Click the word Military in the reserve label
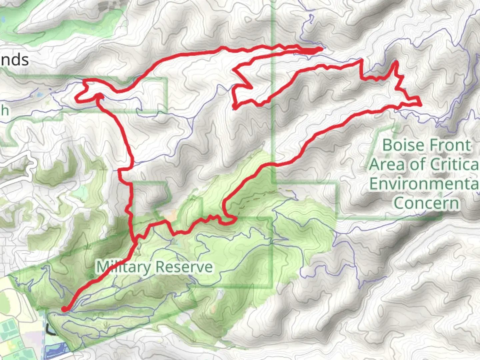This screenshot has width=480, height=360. click(123, 267)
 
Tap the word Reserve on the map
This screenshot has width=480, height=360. click(184, 267)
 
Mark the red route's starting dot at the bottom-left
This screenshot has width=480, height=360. click(64, 310)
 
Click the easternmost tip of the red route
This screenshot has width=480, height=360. click(421, 105)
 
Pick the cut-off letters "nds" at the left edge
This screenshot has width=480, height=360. click(14, 60)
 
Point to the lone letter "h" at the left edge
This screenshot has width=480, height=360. click(4, 110)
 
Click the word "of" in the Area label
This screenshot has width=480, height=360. click(419, 164)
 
